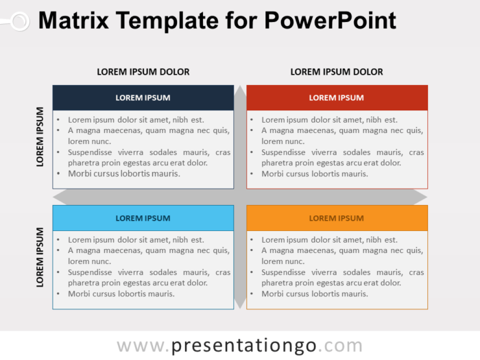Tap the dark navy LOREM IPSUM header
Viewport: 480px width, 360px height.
tap(143, 97)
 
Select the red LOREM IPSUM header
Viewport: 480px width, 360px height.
tap(337, 97)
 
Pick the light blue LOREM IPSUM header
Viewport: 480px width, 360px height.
tap(143, 218)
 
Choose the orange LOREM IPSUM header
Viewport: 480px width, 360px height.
tap(337, 218)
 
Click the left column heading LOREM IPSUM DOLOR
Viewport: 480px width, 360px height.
tap(143, 71)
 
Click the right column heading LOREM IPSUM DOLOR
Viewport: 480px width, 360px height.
tap(337, 71)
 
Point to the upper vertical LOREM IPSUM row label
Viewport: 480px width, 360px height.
tap(40, 136)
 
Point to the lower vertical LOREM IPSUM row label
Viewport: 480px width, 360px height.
tap(40, 257)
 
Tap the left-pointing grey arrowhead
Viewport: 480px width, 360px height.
tap(60, 197)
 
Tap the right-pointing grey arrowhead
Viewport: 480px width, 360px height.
tap(420, 197)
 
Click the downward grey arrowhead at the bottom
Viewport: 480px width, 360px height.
tap(240, 303)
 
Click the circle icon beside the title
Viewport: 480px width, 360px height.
tap(19, 21)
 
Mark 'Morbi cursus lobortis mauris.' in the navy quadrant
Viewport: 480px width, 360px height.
tap(124, 173)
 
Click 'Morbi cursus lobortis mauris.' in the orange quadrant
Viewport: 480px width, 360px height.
tap(315, 293)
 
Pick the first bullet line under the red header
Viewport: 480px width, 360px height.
tap(329, 119)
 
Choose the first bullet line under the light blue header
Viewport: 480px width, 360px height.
tap(136, 240)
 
